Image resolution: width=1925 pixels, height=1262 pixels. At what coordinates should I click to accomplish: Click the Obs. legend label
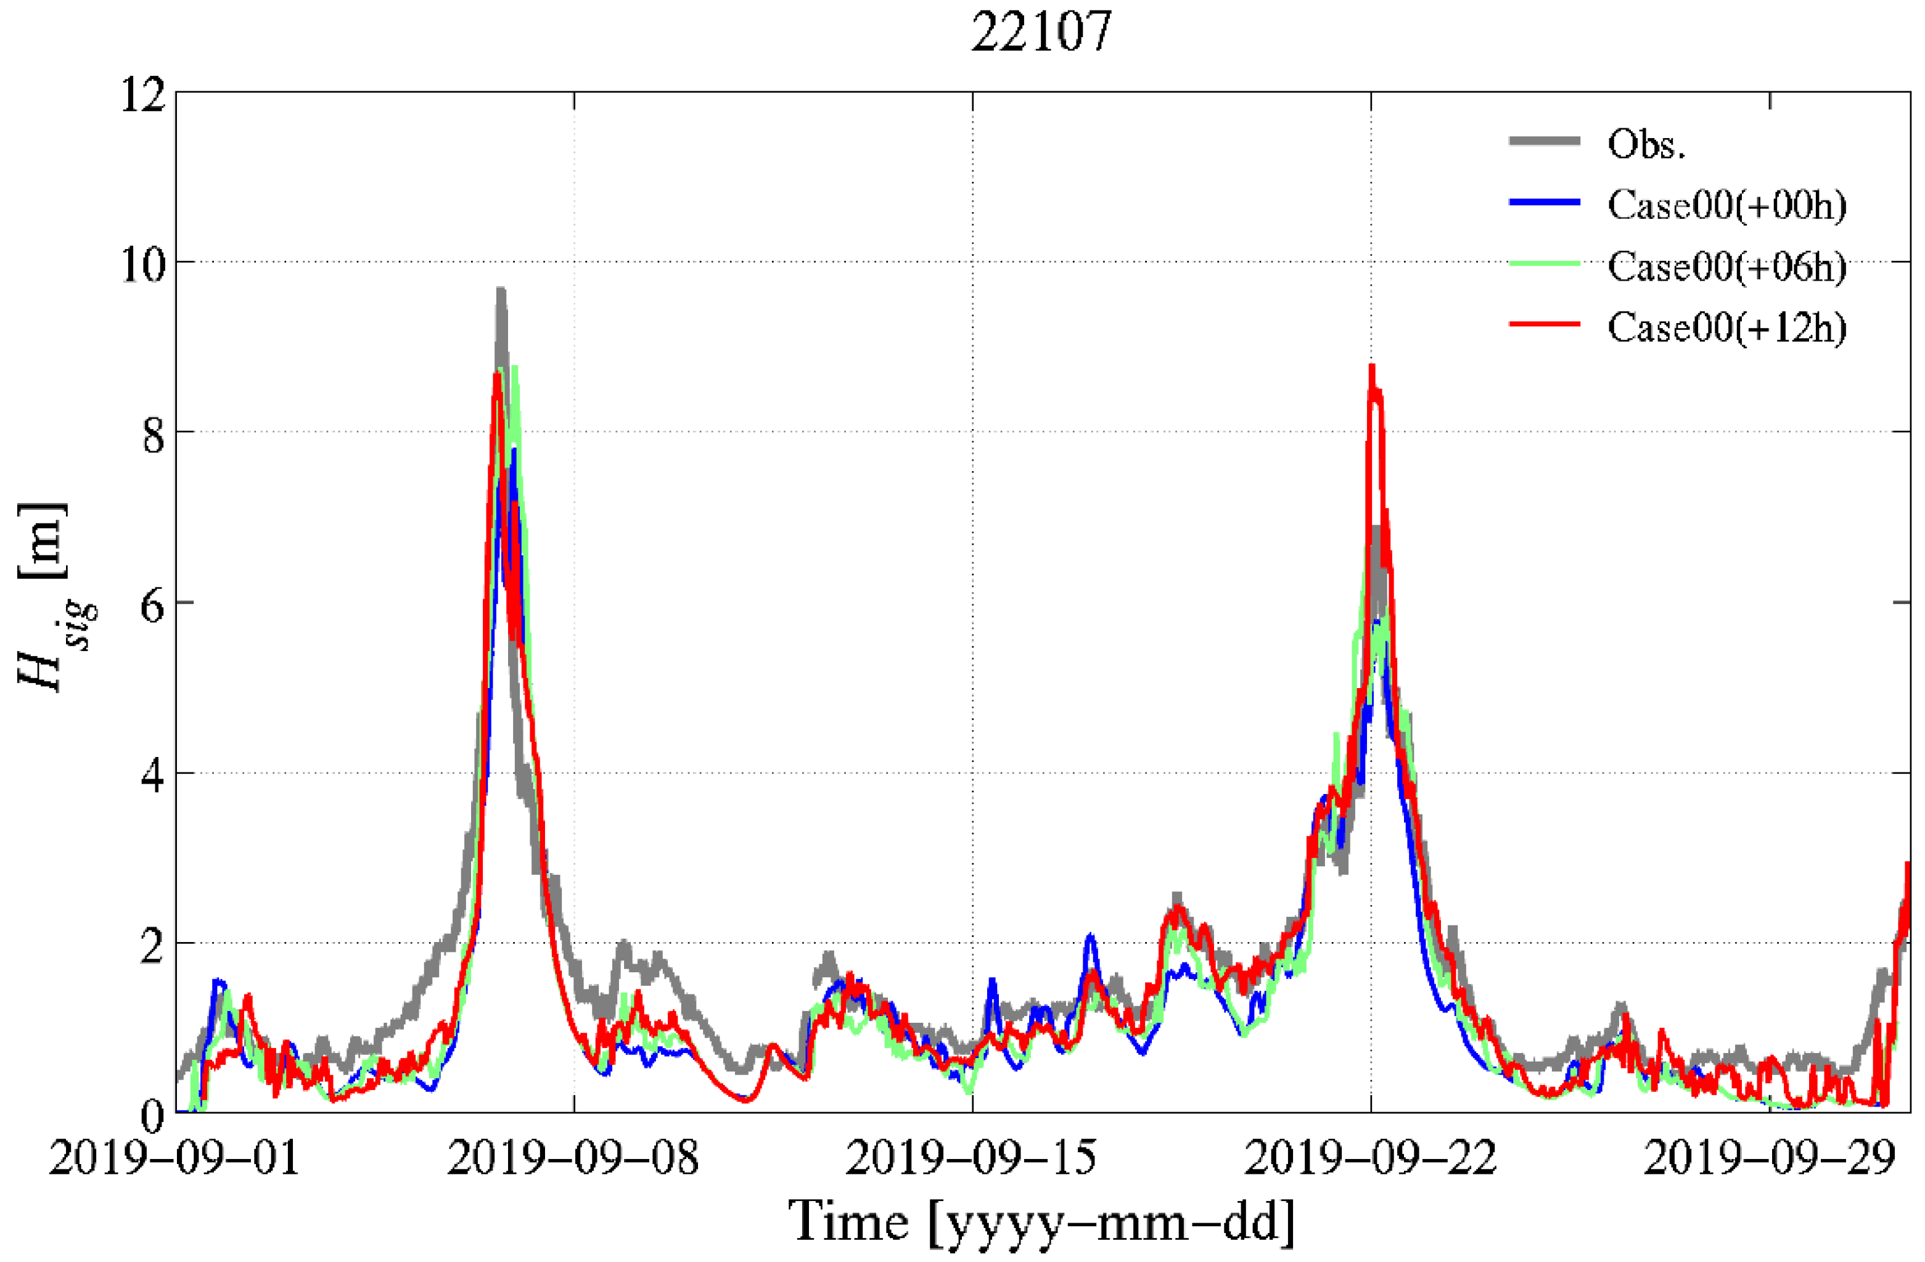coord(1646,145)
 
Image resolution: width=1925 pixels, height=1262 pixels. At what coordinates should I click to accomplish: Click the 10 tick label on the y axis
coord(143,265)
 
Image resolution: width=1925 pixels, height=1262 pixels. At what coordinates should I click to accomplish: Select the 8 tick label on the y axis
coord(152,436)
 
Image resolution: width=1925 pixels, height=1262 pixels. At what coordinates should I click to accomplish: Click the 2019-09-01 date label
coord(174,1159)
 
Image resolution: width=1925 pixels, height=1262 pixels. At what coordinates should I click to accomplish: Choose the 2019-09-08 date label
coord(573,1159)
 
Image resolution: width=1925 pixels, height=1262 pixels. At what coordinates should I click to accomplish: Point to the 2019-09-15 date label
coord(971,1159)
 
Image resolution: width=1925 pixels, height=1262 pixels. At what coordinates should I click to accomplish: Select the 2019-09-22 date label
coord(1370,1159)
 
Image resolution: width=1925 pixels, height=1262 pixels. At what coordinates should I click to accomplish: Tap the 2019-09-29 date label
coord(1769,1159)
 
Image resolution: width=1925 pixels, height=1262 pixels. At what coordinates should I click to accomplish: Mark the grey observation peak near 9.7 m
coord(501,291)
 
